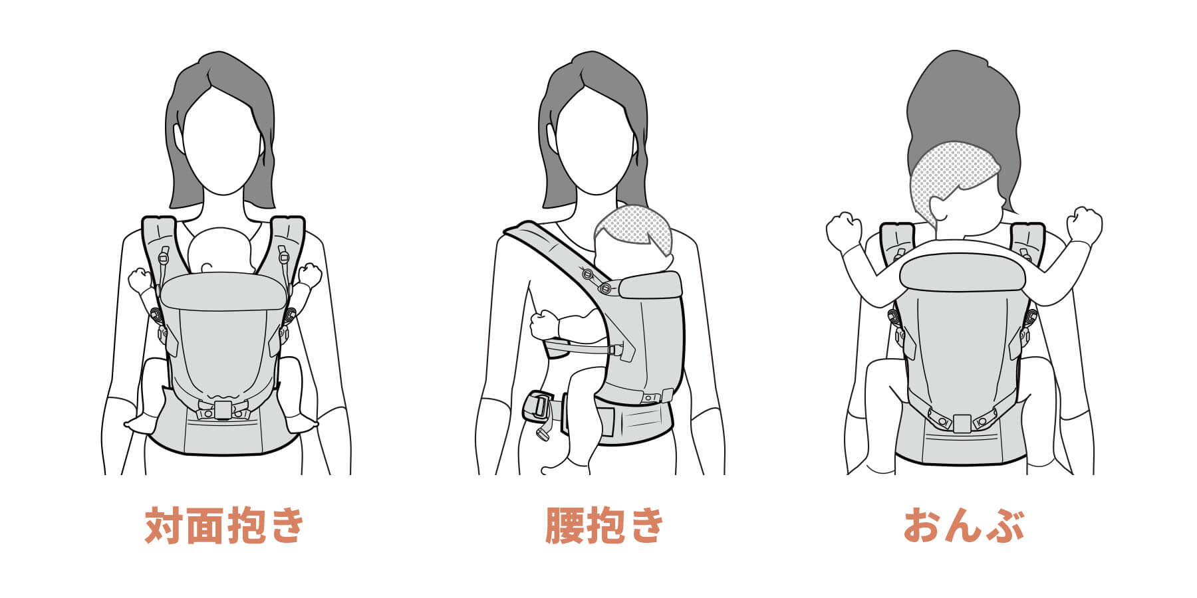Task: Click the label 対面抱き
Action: tap(225, 526)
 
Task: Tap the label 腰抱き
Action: tap(604, 526)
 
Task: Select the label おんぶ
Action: tap(963, 526)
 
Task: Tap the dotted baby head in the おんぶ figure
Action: tap(951, 173)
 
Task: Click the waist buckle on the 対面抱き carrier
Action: tap(223, 410)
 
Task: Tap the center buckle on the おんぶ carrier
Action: tap(962, 423)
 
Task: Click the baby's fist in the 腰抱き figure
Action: tap(545, 324)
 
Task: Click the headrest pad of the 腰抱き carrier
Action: tap(650, 284)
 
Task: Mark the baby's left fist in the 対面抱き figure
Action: tap(309, 274)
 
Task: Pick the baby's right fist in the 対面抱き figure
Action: tap(140, 279)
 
